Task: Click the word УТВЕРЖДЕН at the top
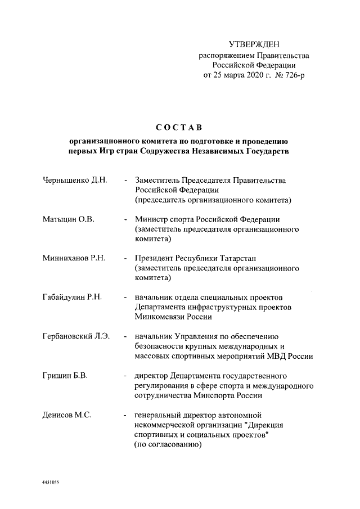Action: [x=254, y=44]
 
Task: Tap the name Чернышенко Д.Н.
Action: [x=75, y=181]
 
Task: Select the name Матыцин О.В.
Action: [x=68, y=219]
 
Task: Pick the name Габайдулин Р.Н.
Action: [x=71, y=297]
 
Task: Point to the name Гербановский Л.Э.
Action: [x=76, y=336]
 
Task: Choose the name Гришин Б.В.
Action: [x=65, y=375]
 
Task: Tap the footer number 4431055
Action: [x=51, y=483]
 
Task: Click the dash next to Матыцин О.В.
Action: [x=125, y=219]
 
